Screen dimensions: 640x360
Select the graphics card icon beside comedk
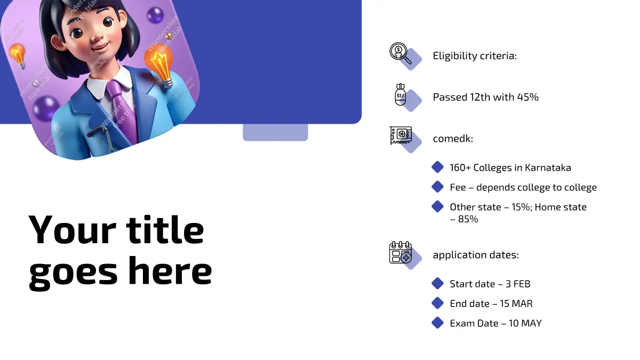401,135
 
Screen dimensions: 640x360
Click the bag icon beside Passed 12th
401,94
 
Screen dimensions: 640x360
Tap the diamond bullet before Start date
437,283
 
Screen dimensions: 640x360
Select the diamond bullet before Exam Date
437,323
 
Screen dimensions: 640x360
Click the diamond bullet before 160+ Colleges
437,167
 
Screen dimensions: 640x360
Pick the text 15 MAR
516,303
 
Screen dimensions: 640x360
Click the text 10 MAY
525,323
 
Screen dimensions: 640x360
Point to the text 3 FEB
518,284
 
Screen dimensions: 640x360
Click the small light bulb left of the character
18,55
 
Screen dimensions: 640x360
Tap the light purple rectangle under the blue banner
275,132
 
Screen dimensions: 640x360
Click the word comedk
453,139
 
